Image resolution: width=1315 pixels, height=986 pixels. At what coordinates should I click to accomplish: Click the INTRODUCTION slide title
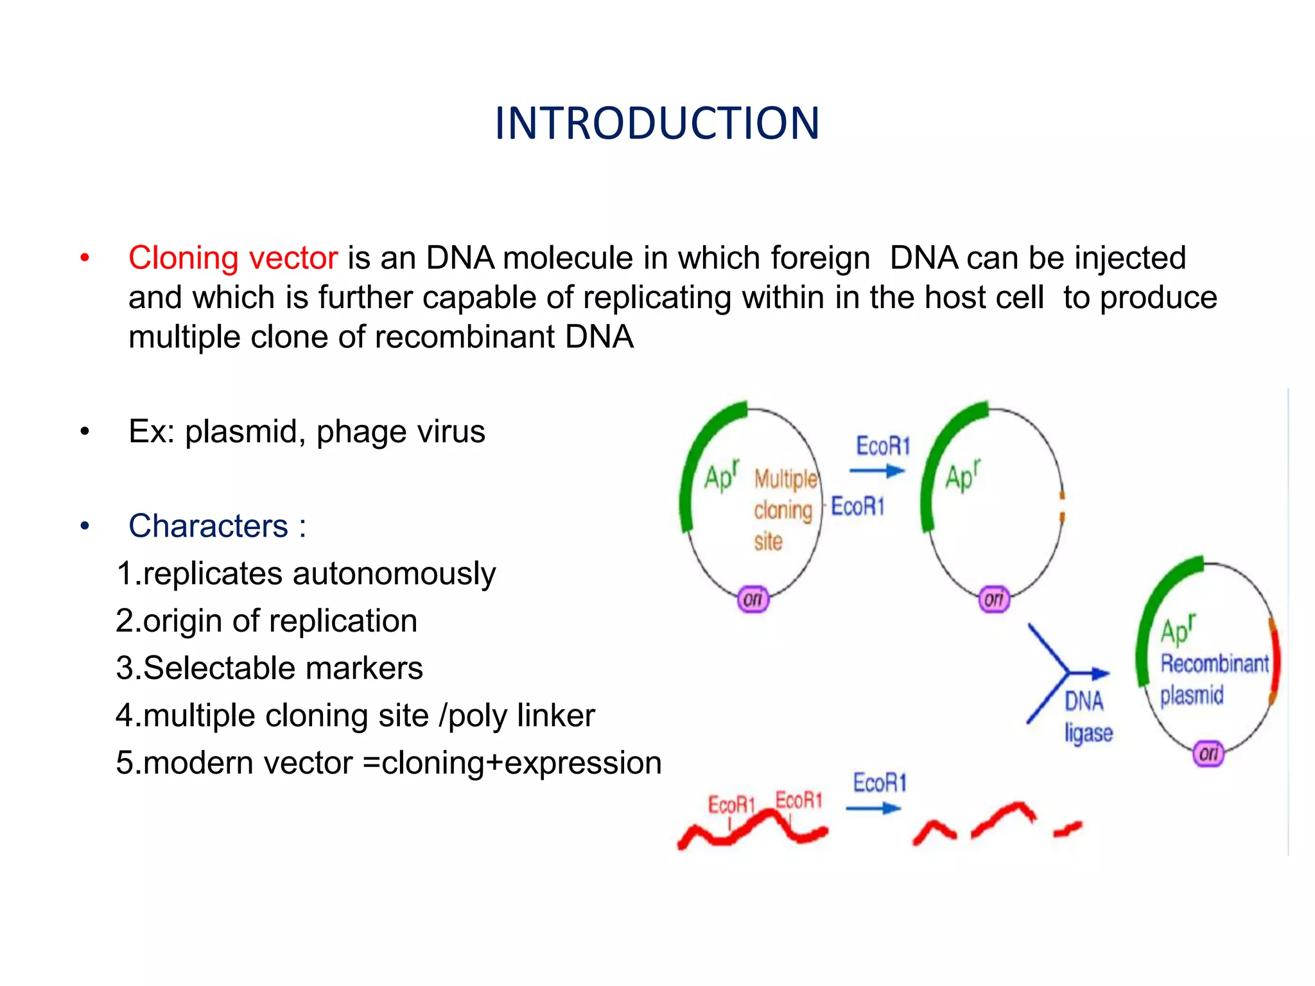tap(657, 123)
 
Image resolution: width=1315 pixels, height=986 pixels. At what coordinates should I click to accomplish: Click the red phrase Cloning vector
tap(232, 258)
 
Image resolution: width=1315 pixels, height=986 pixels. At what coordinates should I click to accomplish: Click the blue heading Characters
tap(208, 526)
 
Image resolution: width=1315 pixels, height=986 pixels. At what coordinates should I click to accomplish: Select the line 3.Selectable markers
tap(269, 668)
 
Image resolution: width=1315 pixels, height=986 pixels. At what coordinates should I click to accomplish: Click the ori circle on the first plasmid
tap(753, 599)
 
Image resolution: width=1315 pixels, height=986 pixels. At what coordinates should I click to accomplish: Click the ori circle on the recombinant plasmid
tap(1208, 753)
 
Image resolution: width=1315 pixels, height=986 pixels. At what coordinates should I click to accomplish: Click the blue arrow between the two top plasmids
tap(876, 471)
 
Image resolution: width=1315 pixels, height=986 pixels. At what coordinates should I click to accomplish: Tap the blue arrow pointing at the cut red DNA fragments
tap(873, 809)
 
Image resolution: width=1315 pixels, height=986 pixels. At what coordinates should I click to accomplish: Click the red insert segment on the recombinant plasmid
tap(1275, 661)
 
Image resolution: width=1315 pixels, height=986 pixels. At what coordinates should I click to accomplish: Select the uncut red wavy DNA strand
tap(751, 829)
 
